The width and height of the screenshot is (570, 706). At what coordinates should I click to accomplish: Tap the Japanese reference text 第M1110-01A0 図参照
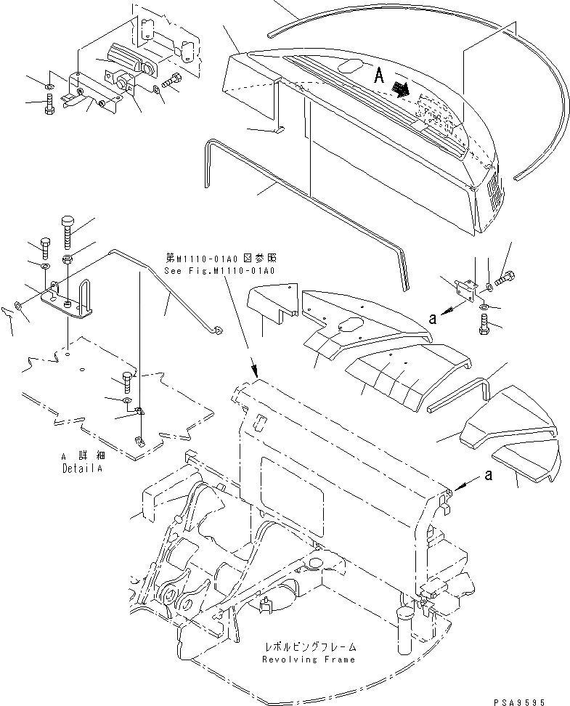221,258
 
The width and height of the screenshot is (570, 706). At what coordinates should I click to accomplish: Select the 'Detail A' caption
79,469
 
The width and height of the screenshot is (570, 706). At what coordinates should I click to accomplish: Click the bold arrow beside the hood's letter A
399,88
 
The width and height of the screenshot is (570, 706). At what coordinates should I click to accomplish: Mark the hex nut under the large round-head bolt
67,259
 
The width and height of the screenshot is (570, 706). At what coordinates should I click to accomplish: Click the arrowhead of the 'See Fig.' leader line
254,370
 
